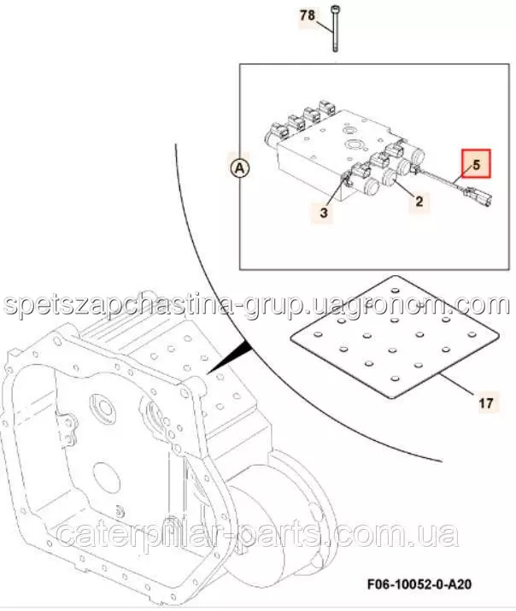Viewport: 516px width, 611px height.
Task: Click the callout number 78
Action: click(x=308, y=15)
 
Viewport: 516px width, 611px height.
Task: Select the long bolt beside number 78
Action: click(x=335, y=29)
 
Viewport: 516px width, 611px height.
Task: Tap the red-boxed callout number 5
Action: click(x=476, y=164)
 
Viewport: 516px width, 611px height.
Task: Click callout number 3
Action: click(x=324, y=213)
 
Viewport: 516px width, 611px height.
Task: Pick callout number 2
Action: click(x=419, y=202)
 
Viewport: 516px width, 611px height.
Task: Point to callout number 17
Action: click(x=486, y=402)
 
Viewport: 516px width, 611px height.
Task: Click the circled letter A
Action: click(x=239, y=168)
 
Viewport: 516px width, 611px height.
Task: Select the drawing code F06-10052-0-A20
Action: click(x=419, y=585)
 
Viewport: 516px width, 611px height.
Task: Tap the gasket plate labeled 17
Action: click(x=395, y=337)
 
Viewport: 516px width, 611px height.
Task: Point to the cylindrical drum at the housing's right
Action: click(x=280, y=522)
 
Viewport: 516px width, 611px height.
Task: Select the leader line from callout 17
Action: click(x=458, y=385)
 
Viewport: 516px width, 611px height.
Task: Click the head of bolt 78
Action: click(x=335, y=9)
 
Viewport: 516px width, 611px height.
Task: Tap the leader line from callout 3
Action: click(x=335, y=192)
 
